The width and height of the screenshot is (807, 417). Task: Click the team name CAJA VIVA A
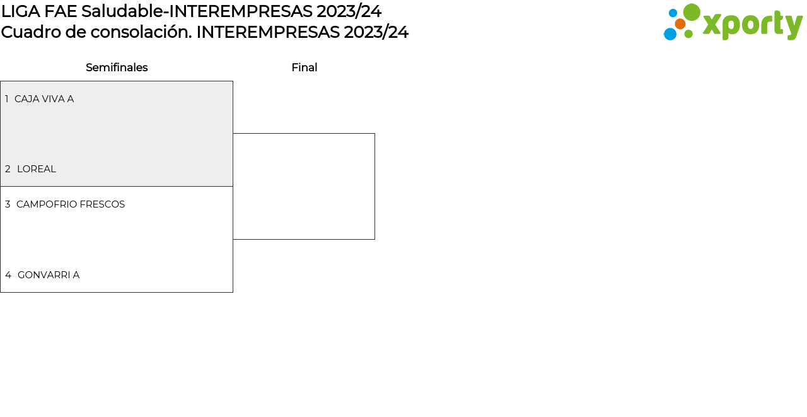tap(44, 99)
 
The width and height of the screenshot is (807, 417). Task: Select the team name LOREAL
tap(37, 169)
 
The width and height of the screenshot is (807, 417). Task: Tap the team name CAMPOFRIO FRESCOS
tap(71, 204)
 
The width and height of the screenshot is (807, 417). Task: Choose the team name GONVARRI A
tap(49, 275)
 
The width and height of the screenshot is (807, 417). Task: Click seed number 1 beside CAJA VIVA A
tap(6, 99)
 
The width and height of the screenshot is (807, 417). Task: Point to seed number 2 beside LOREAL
tap(8, 169)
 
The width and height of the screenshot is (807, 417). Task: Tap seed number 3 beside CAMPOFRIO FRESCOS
tap(8, 204)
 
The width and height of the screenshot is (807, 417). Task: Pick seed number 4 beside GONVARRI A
tap(8, 275)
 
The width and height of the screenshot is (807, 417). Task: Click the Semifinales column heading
tap(117, 68)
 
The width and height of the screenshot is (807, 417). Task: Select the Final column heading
tap(305, 68)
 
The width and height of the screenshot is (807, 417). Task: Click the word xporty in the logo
tap(753, 26)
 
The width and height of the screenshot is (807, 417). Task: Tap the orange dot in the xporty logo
tap(680, 24)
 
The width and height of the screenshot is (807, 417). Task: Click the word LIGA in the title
tap(21, 11)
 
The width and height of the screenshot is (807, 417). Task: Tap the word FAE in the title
tap(61, 11)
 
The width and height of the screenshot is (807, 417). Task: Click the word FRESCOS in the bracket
tap(102, 204)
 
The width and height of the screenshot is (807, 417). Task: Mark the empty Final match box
tap(374, 186)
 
